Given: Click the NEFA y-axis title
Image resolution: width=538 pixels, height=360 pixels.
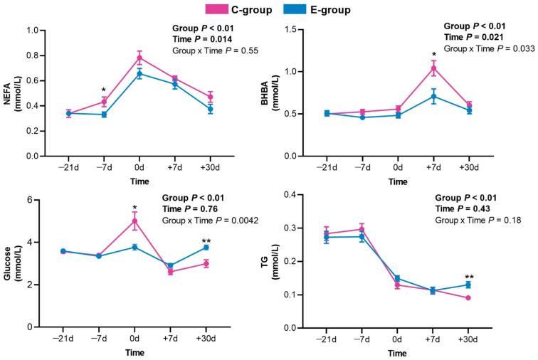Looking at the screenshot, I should pyautogui.click(x=11, y=93).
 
